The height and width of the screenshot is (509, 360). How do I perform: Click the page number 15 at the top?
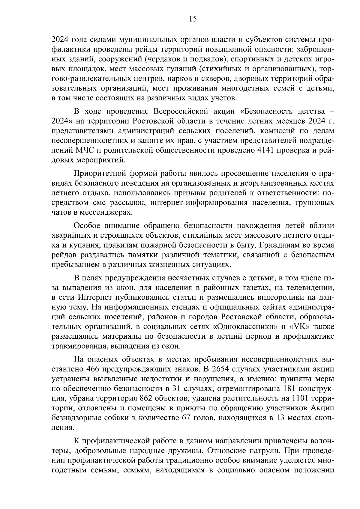point(193,19)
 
